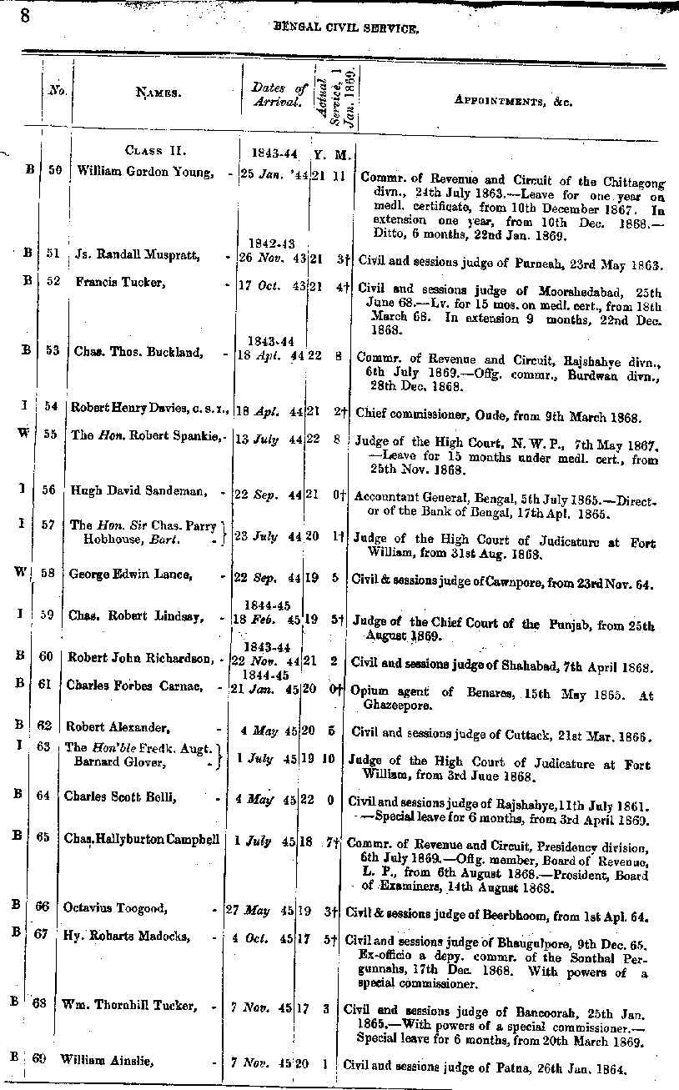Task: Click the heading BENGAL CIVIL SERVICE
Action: pyautogui.click(x=345, y=28)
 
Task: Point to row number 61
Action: pyautogui.click(x=47, y=684)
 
